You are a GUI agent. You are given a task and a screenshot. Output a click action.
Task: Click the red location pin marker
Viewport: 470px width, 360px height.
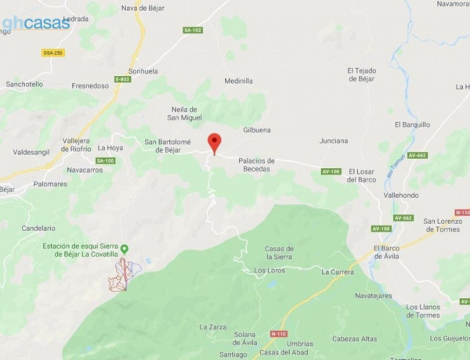214,143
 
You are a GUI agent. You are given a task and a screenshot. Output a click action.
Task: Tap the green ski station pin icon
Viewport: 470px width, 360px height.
124,249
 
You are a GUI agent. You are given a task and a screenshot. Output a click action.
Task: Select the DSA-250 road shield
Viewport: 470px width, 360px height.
52,52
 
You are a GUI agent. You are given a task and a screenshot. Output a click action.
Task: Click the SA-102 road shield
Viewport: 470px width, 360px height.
193,31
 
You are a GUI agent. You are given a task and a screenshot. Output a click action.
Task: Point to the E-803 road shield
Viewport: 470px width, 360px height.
122,79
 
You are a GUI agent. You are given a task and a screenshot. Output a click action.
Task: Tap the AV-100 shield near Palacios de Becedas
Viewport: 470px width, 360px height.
331,171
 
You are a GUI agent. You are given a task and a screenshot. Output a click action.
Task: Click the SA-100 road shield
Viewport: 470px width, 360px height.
105,160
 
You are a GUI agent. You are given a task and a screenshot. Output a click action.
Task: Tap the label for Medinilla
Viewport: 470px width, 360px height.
238,81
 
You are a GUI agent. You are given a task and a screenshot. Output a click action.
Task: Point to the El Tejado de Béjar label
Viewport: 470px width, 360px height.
361,74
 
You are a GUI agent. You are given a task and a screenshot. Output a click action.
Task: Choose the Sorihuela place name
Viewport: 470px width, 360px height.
143,71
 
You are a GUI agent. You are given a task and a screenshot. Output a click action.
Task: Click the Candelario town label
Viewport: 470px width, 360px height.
38,228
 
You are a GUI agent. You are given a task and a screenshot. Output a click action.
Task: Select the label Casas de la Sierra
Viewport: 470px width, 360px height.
280,252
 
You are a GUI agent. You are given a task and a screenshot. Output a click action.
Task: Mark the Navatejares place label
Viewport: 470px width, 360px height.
373,297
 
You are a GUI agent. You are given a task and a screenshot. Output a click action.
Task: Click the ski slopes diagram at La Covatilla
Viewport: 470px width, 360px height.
123,275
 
